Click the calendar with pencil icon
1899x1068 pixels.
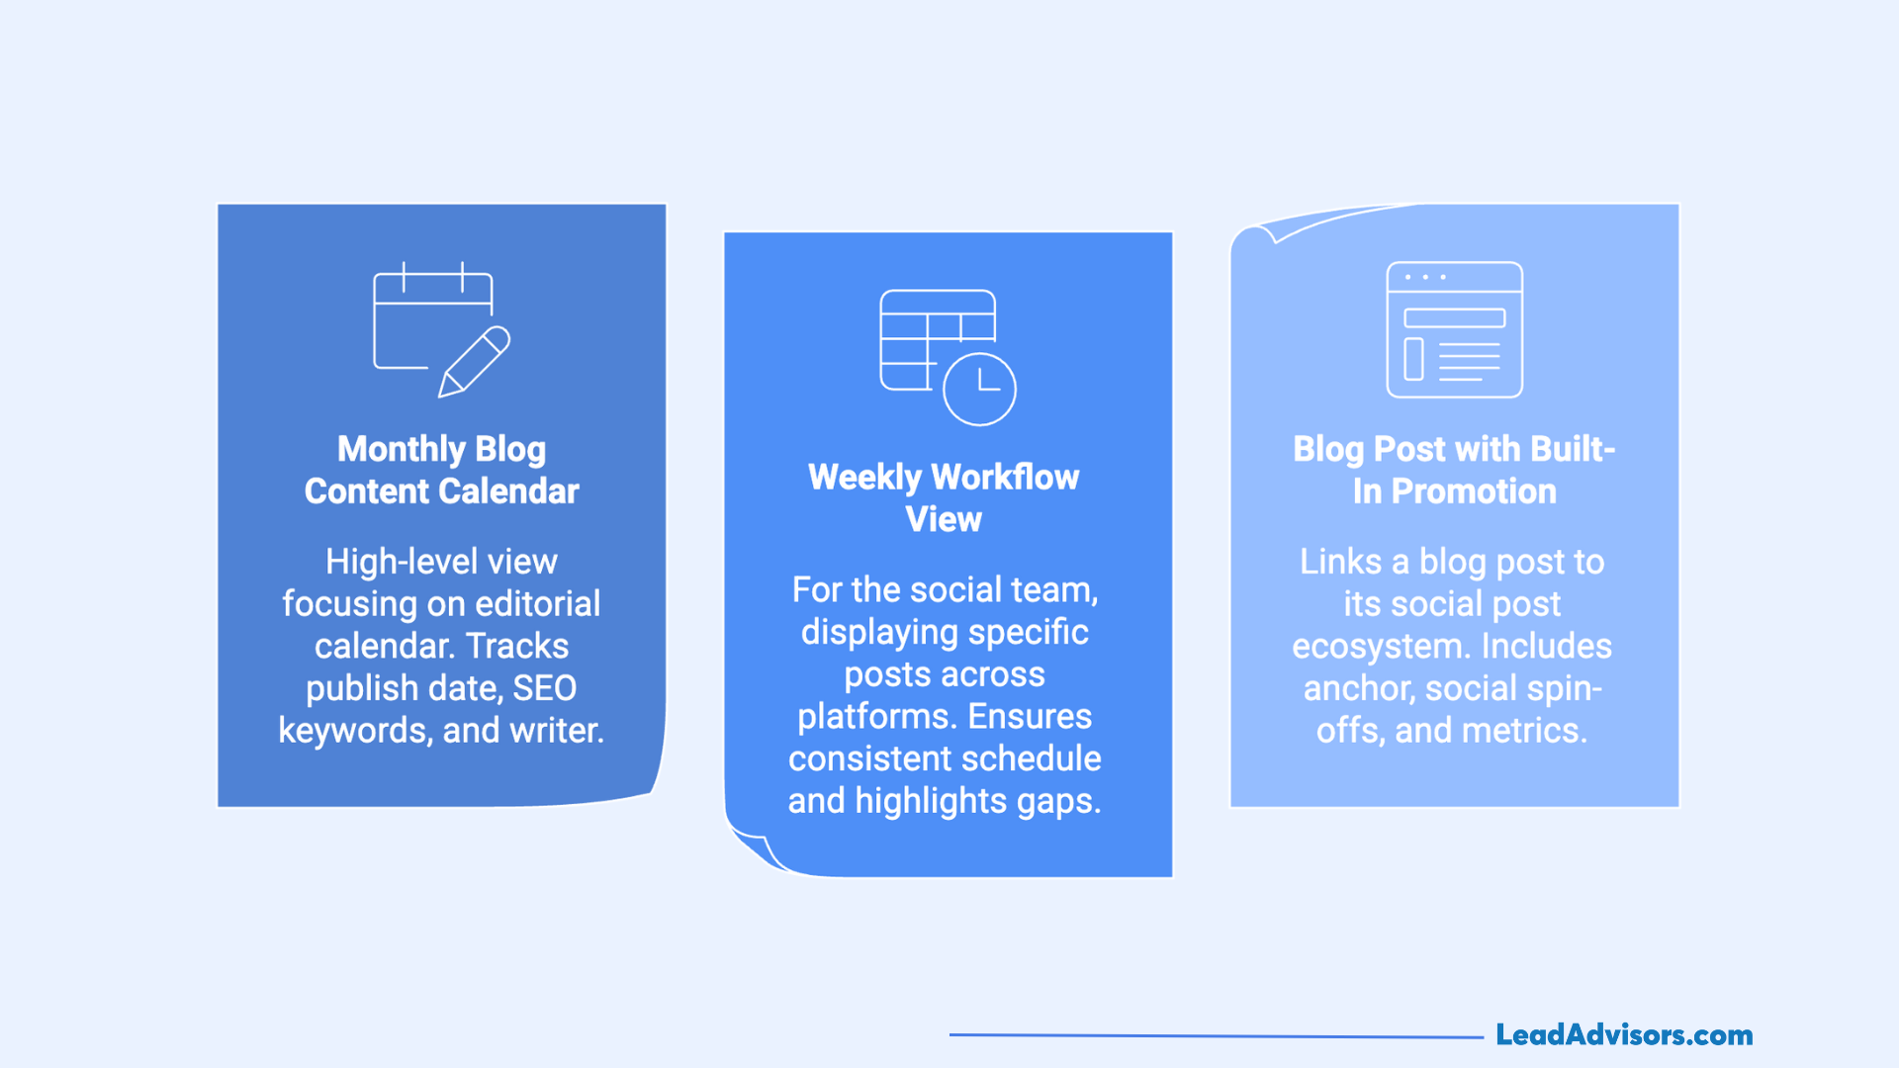441,330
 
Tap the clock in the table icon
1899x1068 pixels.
979,389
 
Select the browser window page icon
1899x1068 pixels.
1454,330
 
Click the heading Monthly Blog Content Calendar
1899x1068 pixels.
441,470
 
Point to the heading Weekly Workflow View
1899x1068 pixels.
944,497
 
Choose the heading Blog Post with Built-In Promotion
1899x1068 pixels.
1454,470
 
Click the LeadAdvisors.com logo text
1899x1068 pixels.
1623,1034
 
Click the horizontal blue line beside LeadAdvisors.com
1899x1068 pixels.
1217,1035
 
